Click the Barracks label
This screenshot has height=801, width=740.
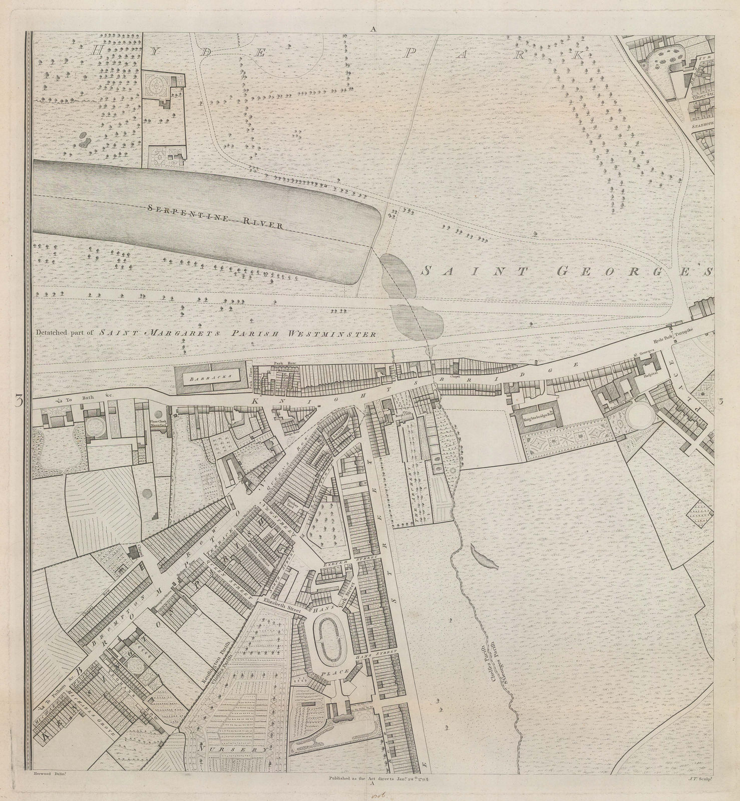212,379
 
